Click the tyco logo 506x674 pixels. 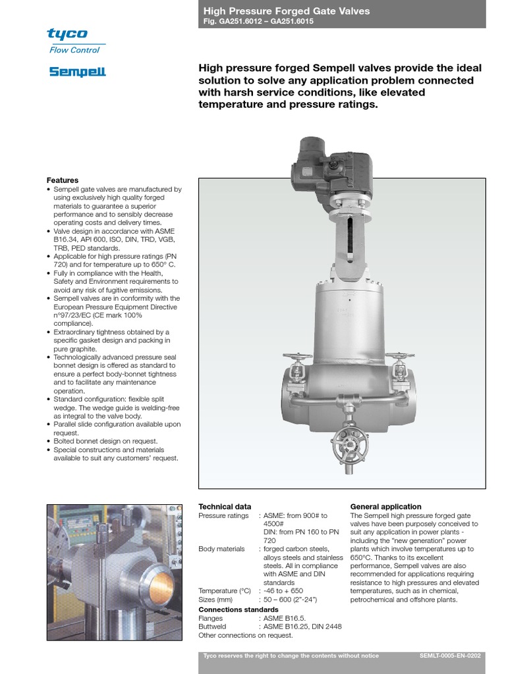tap(67, 34)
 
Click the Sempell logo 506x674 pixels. tap(77, 72)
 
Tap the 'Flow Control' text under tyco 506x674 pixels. tap(74, 50)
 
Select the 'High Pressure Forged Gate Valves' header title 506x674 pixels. tap(286, 11)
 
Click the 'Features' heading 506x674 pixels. tap(62, 180)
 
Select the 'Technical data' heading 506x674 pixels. tap(225, 506)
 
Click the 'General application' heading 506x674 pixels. tap(385, 506)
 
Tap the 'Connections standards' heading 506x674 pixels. tap(239, 609)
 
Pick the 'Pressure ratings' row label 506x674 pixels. tap(223, 515)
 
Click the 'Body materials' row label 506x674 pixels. tap(221, 548)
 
